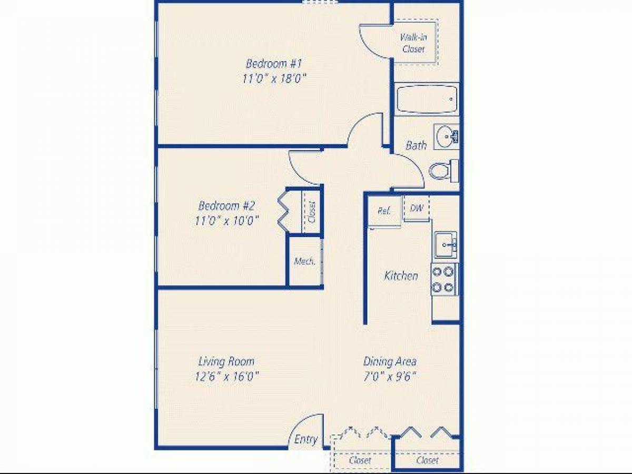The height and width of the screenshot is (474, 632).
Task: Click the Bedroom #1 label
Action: coord(273,64)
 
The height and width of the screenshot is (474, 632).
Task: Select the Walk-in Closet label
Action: coord(413,43)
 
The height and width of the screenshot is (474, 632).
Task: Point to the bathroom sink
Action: coord(446,137)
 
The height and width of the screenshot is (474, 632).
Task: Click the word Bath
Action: coord(416,145)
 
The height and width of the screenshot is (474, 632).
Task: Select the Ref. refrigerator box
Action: coord(384,211)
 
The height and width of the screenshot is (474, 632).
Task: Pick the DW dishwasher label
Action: coord(417,208)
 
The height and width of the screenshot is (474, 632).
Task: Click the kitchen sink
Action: coord(445,244)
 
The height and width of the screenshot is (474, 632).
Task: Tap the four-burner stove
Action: coord(443,279)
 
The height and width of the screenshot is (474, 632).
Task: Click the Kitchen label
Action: coord(401,275)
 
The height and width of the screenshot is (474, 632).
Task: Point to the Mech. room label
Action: coord(304,261)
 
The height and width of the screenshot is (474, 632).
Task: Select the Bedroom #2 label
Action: coord(226,205)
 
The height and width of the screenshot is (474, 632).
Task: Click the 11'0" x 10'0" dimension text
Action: coord(226,220)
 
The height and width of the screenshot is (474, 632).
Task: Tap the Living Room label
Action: coord(226,361)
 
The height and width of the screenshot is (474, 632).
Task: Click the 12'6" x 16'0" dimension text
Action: coord(226,376)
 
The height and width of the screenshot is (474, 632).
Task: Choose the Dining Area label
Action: coord(390,361)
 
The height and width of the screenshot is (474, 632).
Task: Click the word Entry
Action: coord(306,439)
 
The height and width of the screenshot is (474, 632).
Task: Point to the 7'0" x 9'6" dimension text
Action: coord(390,376)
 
